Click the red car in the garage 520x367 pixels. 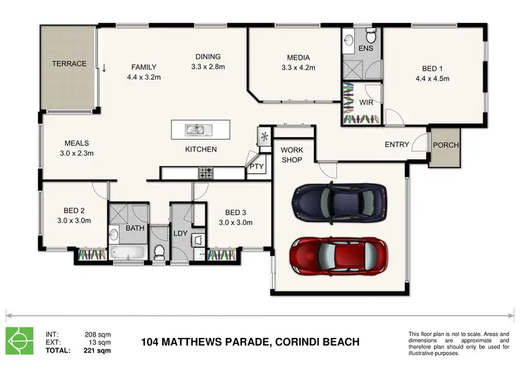338,256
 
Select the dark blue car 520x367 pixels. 339,203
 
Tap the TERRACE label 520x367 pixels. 69,64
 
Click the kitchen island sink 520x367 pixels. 195,130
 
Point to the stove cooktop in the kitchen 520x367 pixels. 206,173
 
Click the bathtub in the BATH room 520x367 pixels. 128,252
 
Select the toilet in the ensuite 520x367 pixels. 371,35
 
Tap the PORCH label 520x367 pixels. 446,145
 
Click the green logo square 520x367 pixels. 19,341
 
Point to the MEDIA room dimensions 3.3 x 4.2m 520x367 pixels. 298,68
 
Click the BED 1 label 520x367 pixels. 432,69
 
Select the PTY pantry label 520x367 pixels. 257,166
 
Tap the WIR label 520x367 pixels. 366,102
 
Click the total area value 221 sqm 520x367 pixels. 97,350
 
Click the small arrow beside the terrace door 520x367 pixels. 104,68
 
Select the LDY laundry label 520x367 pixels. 180,233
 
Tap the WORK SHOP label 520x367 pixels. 291,155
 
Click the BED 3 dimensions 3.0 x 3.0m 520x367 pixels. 236,222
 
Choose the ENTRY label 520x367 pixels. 397,145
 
